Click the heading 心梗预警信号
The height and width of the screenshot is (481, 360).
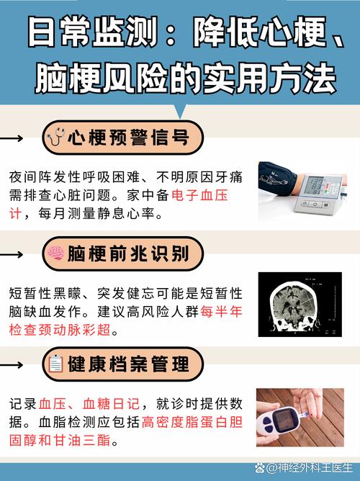click(130, 138)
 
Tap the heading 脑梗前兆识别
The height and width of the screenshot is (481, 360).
click(130, 253)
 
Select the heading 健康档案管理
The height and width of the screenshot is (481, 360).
click(130, 364)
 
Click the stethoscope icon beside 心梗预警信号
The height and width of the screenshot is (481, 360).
click(55, 138)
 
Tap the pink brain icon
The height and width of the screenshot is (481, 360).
click(55, 253)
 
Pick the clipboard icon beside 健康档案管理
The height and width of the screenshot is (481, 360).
click(55, 364)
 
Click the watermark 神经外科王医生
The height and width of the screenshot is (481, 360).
click(310, 469)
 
